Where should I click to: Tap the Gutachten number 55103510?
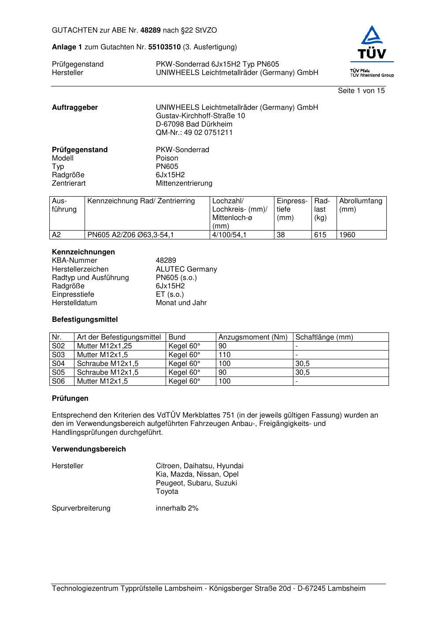tap(164, 47)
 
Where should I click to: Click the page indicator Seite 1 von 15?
tap(361, 91)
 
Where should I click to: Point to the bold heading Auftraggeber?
tap(75, 108)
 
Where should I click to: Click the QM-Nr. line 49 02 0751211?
tap(194, 133)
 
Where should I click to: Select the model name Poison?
tap(167, 158)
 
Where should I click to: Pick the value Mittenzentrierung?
tap(184, 183)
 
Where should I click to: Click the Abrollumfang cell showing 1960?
tap(347, 235)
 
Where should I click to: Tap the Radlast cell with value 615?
tap(320, 235)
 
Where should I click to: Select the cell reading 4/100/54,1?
tap(229, 235)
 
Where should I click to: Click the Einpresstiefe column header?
tap(292, 209)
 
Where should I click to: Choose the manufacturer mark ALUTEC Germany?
tap(186, 269)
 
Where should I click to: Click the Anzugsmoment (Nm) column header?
tap(253, 337)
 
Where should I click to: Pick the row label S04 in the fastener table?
tap(59, 364)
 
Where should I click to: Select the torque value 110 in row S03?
tap(225, 355)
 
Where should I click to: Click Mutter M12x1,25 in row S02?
tap(104, 346)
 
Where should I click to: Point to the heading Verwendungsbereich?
tap(89, 449)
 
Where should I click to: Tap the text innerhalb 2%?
tap(177, 508)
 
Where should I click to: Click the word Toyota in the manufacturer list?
tap(167, 492)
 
